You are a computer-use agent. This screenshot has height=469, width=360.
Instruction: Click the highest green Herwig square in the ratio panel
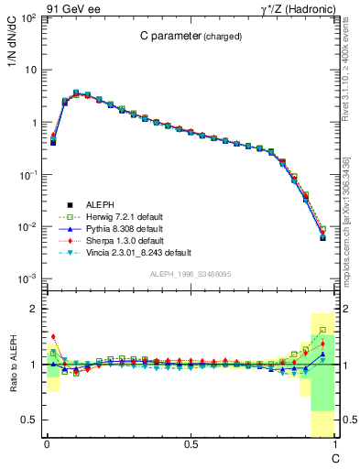pyautogui.click(x=322, y=330)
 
